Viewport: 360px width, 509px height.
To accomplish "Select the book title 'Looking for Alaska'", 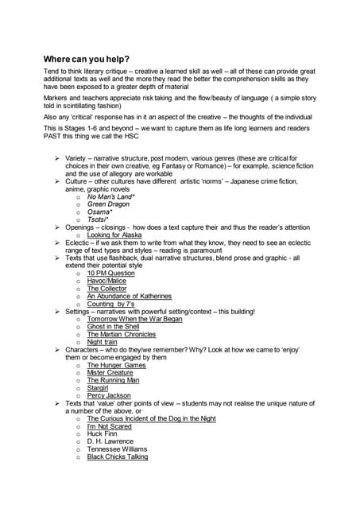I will pyautogui.click(x=114, y=235).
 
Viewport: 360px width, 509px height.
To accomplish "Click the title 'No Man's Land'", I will pyautogui.click(x=110, y=196).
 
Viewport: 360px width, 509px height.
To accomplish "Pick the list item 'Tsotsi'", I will pyautogui.click(x=101, y=220).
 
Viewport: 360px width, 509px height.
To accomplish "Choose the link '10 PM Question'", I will pyautogui.click(x=110, y=273).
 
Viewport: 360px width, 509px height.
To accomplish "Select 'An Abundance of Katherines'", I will pyautogui.click(x=129, y=296).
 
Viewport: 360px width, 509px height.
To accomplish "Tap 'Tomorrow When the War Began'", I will pyautogui.click(x=134, y=319).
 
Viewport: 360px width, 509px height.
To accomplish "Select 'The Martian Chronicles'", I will pyautogui.click(x=122, y=335).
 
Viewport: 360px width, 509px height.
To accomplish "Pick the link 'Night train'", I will pyautogui.click(x=102, y=342).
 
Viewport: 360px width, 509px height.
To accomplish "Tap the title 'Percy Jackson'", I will pyautogui.click(x=108, y=396).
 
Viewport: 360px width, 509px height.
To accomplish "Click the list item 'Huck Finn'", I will pyautogui.click(x=103, y=433).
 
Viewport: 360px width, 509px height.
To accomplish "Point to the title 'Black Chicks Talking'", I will pyautogui.click(x=117, y=457).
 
